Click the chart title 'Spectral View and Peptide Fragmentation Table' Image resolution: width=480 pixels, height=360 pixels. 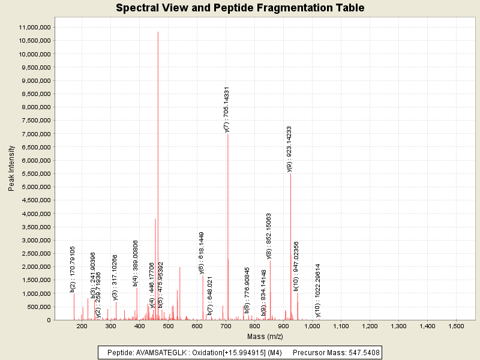pos(240,8)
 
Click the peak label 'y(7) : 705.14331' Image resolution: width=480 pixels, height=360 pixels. pos(226,110)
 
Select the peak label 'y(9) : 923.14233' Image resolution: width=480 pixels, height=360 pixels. pos(289,149)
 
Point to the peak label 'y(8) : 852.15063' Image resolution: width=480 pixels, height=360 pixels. pos(269,236)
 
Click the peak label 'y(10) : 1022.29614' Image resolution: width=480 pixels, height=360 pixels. pos(318,290)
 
